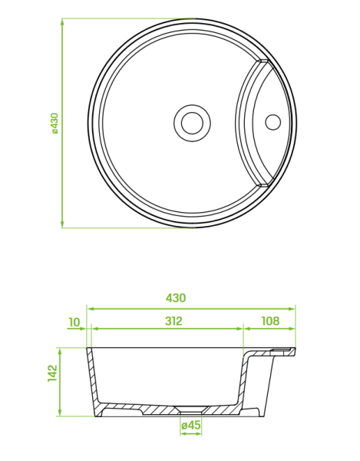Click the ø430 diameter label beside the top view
tap(55, 123)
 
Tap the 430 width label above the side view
tap(176, 298)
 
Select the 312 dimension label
tap(173, 321)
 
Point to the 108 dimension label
tap(270, 321)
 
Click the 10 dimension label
tap(74, 323)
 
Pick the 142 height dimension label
tap(52, 373)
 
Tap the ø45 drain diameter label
tap(191, 425)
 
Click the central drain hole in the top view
tap(193, 123)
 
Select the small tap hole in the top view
tap(273, 122)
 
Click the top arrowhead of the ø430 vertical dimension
tap(62, 22)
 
